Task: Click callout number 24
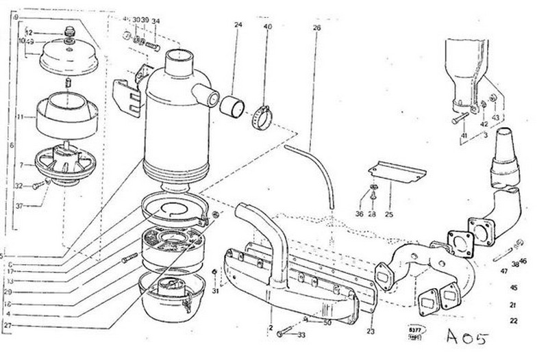point(238,25)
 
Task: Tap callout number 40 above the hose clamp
point(267,26)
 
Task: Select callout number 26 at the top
point(316,28)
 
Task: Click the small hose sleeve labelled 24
point(232,107)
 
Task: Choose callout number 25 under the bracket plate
point(388,215)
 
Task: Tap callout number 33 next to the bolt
point(301,335)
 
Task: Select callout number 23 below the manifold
point(371,331)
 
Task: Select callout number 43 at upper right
point(495,117)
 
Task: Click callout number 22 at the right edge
point(514,320)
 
